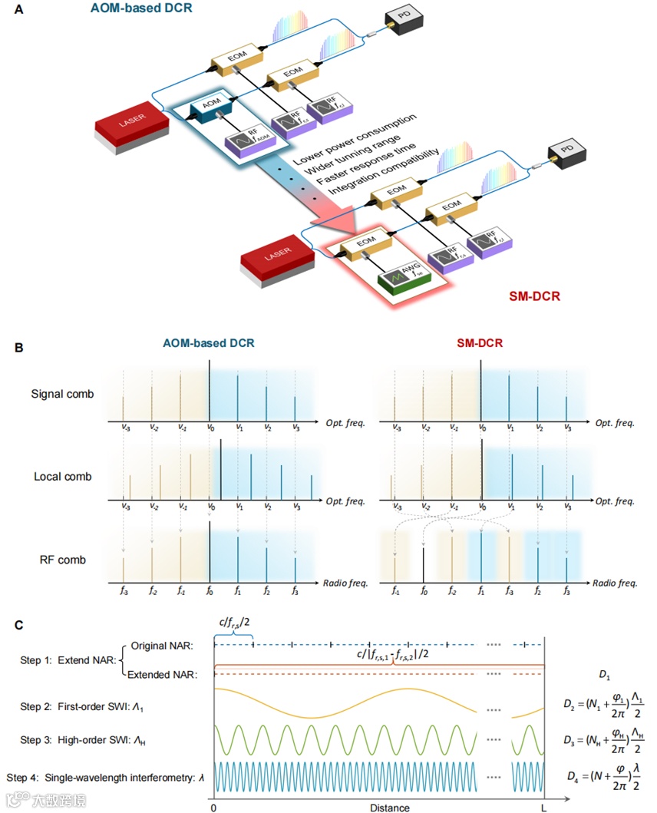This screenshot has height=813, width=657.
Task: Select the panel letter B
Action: coord(20,347)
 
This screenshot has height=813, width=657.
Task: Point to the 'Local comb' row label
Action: coord(63,477)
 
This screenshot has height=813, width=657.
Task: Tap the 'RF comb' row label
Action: coord(63,560)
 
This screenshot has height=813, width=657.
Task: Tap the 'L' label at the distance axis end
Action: coord(543,807)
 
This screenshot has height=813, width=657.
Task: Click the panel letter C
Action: coord(20,625)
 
